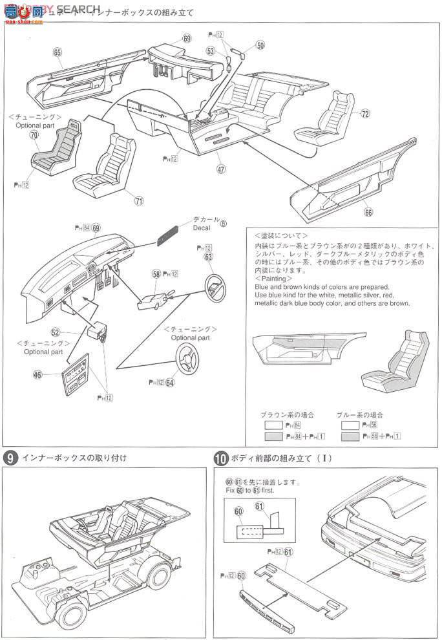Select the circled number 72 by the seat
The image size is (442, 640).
[x=365, y=114]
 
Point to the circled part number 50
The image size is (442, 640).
[x=260, y=45]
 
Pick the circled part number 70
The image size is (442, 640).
[x=34, y=134]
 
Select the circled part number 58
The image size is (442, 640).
[x=156, y=274]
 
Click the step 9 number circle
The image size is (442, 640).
[x=10, y=458]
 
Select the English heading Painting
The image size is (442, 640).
[x=275, y=279]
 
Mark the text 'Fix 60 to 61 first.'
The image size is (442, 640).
[x=251, y=489]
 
